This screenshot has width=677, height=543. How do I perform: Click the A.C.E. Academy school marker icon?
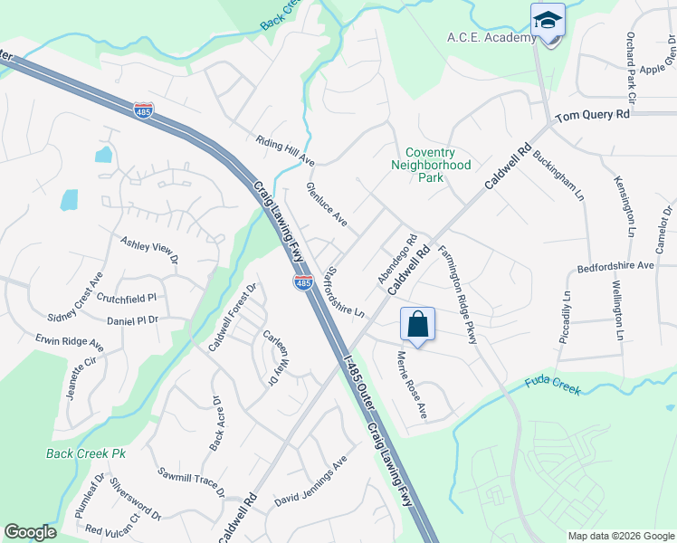click(548, 21)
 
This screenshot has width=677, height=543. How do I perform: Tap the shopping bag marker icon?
click(417, 324)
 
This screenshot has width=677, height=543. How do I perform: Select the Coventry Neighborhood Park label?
click(431, 166)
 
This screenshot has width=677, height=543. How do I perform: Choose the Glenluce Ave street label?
click(327, 205)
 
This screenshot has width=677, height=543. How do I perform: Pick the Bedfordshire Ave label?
click(615, 267)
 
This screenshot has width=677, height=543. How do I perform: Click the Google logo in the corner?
click(30, 532)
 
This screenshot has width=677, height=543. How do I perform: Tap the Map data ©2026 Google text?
click(620, 536)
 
